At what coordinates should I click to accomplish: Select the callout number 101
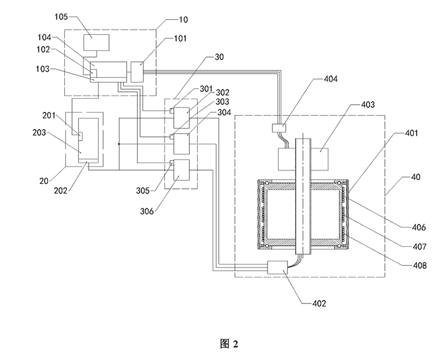(181, 39)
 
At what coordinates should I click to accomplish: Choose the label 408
(419, 265)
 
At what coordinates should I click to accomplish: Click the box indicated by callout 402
(282, 267)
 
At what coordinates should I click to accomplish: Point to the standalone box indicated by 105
(96, 42)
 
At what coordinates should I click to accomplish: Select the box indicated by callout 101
(137, 71)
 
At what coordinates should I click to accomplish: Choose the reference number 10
(181, 20)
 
